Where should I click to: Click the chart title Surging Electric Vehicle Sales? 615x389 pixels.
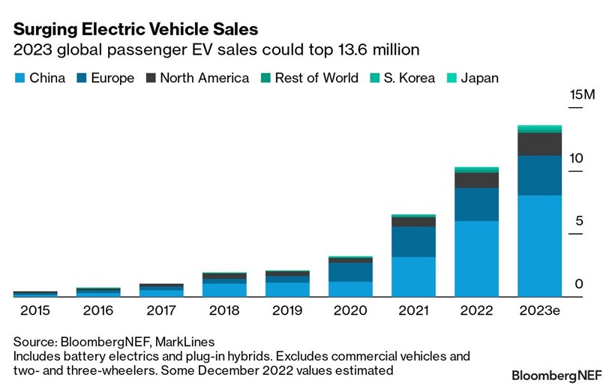(136, 29)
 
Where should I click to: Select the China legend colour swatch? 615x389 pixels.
(19, 78)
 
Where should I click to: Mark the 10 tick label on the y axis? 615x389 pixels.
(577, 159)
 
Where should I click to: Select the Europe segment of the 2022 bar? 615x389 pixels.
(476, 204)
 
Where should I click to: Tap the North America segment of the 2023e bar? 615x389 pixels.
(539, 144)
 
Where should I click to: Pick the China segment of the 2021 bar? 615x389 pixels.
(413, 277)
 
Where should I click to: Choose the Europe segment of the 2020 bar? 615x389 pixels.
(350, 272)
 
